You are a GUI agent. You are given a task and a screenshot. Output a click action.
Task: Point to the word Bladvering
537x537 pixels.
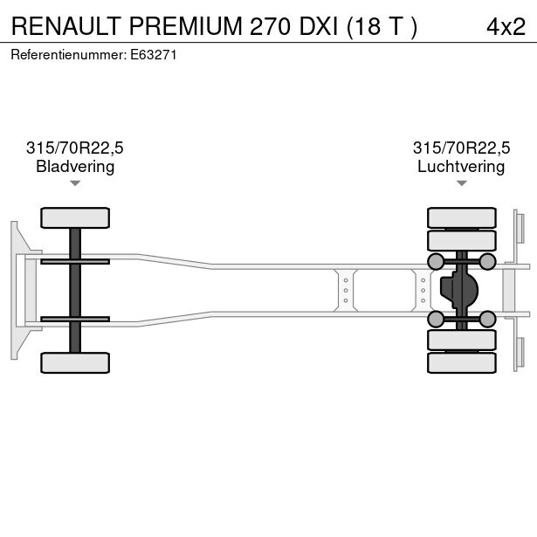75,166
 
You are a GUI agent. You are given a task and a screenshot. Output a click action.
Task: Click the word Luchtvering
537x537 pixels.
461,166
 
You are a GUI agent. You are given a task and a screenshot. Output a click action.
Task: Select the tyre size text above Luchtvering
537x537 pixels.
461,148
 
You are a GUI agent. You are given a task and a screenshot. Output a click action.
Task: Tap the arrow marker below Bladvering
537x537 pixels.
75,183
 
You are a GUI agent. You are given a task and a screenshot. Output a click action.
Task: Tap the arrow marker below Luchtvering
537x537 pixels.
461,183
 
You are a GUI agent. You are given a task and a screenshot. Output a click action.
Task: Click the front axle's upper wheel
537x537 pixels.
75,217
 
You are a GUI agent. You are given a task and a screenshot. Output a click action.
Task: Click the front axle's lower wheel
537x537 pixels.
75,362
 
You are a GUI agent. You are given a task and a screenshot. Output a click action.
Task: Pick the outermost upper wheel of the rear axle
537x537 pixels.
461,217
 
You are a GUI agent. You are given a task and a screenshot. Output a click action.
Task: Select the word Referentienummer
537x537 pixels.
67,54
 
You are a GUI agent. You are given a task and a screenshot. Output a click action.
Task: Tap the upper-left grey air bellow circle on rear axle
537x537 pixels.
436,261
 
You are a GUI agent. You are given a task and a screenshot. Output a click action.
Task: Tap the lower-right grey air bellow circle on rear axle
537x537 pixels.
487,319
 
